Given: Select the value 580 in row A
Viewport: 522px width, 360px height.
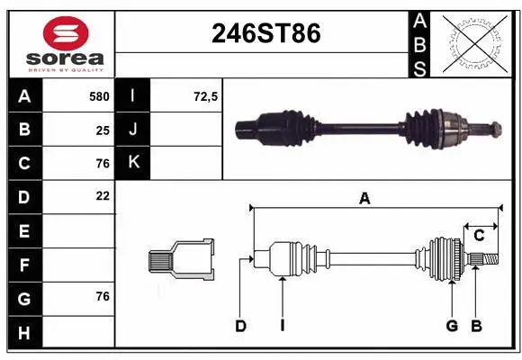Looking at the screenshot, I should pyautogui.click(x=98, y=96).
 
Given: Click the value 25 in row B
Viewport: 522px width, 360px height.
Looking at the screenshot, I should pyautogui.click(x=103, y=130).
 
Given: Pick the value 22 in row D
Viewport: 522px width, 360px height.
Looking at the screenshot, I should pyautogui.click(x=103, y=195).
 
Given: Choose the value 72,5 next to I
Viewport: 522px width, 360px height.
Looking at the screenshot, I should pyautogui.click(x=206, y=96).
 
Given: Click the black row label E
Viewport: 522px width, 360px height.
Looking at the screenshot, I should pyautogui.click(x=24, y=231).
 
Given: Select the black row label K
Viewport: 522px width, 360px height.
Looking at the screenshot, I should pyautogui.click(x=134, y=163).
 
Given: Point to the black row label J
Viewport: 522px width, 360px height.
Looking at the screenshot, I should pyautogui.click(x=134, y=130).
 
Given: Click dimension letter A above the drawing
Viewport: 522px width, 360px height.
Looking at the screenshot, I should pyautogui.click(x=364, y=199).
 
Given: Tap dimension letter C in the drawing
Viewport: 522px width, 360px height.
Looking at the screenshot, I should pyautogui.click(x=479, y=236).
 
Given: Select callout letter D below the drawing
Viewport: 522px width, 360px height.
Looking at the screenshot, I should pyautogui.click(x=240, y=326).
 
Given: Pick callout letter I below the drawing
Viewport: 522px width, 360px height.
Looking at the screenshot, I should pyautogui.click(x=282, y=326).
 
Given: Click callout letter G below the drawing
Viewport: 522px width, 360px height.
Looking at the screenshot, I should pyautogui.click(x=452, y=326).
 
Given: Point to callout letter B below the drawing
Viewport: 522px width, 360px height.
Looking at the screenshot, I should pyautogui.click(x=477, y=326).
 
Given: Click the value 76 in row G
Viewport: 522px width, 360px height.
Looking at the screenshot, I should pyautogui.click(x=103, y=297).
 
